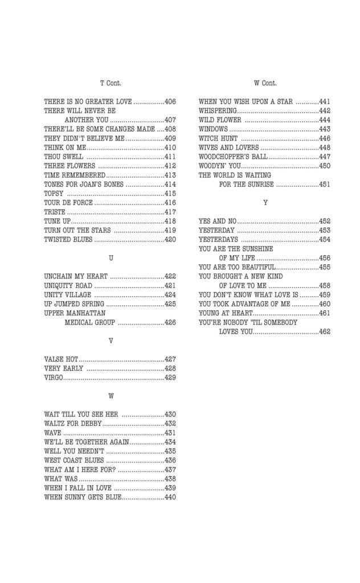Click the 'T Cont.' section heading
[x=111, y=83]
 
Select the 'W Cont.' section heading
[x=265, y=83]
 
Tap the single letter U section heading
[x=111, y=258]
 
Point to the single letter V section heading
[x=111, y=340]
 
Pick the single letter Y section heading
[x=265, y=203]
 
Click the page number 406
[x=170, y=102]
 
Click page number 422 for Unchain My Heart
[x=170, y=276]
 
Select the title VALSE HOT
[x=61, y=359]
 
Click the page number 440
[x=170, y=497]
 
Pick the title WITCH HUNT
[x=218, y=138]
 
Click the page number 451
[x=324, y=184]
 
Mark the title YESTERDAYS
[x=218, y=240]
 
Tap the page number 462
[x=324, y=332]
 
